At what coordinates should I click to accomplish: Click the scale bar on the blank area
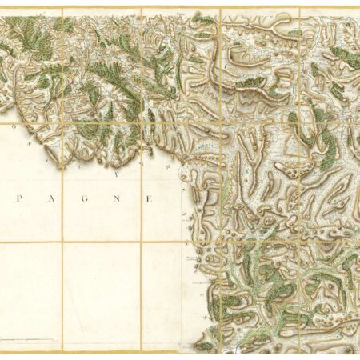pyautogui.click(x=28, y=339)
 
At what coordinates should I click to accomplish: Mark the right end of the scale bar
pyautogui.click(x=54, y=339)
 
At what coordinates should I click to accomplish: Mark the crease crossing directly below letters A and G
pyautogui.click(x=62, y=242)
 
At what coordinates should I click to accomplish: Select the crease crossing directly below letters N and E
pyautogui.click(x=142, y=242)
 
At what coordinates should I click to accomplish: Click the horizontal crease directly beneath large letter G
pyautogui.click(x=84, y=242)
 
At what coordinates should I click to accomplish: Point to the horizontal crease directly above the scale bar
pyautogui.click(x=28, y=242)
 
